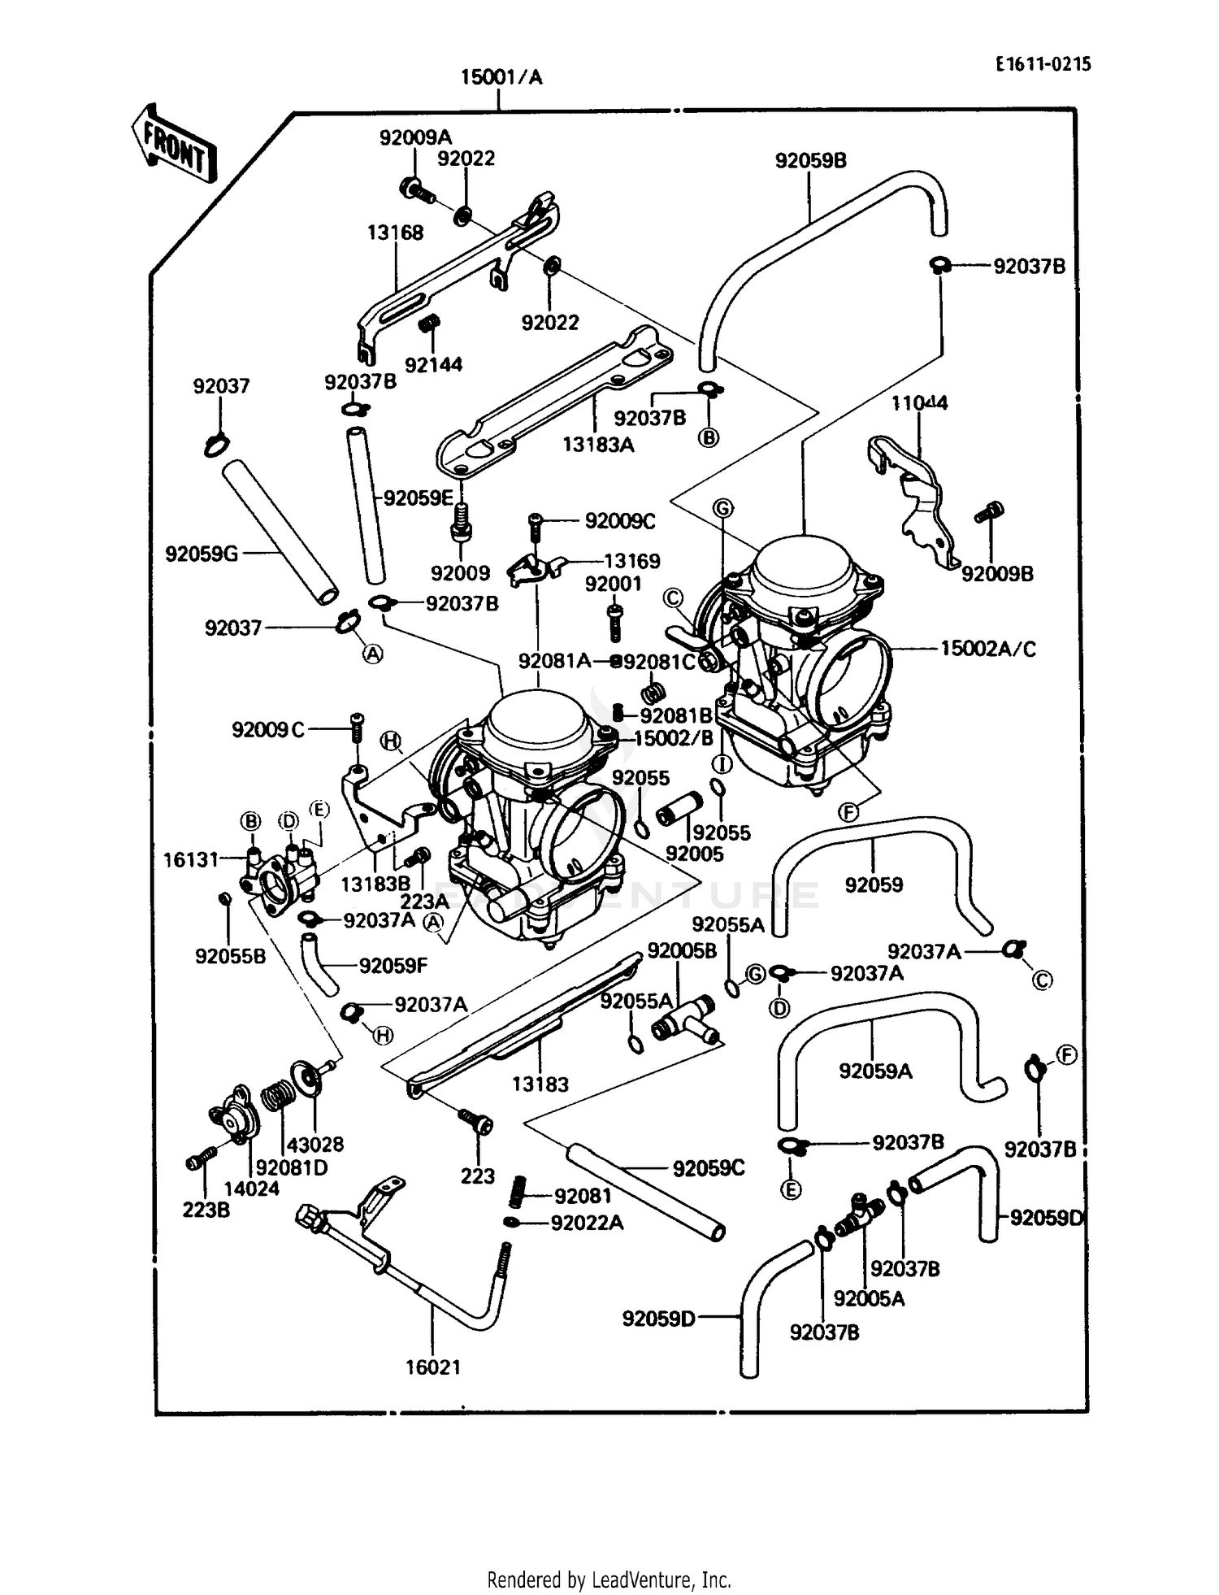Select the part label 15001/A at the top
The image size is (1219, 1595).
click(501, 78)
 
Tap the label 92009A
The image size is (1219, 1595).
click(415, 137)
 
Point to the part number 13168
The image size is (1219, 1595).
click(395, 233)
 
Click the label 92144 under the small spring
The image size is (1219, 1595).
click(433, 365)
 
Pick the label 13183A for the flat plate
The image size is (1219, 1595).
click(598, 445)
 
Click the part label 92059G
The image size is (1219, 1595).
click(202, 554)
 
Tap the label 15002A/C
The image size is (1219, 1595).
click(988, 649)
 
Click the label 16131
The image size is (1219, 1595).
click(191, 859)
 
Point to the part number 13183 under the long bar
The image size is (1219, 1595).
click(540, 1084)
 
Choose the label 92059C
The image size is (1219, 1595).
click(709, 1168)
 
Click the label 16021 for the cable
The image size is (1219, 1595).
click(433, 1367)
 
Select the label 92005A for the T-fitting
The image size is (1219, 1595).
click(869, 1298)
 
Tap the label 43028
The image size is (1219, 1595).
click(315, 1144)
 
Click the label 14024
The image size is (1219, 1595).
click(251, 1189)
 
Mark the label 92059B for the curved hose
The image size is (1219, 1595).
click(810, 161)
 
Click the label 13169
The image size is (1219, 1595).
click(631, 561)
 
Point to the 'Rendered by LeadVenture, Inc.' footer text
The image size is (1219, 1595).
click(609, 1580)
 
